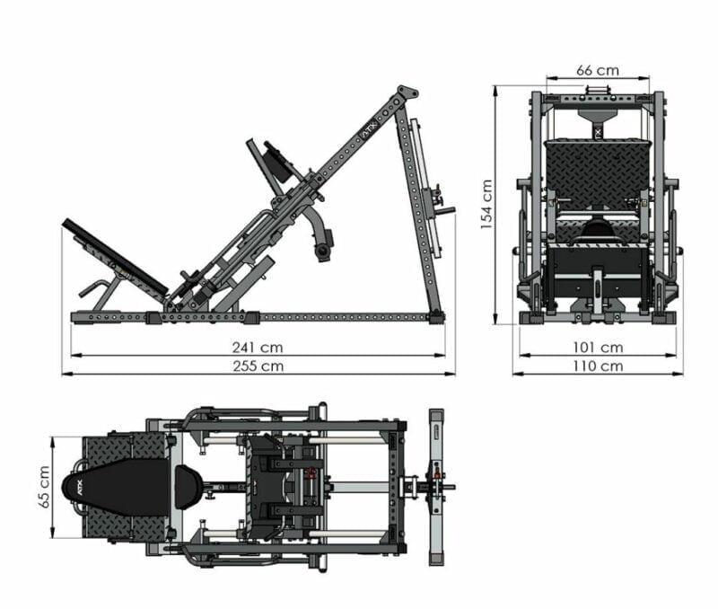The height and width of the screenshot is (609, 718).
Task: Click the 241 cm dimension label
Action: click(x=258, y=348)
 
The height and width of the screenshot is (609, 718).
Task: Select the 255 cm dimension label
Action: click(x=258, y=366)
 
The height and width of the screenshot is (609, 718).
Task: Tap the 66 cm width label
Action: click(x=597, y=70)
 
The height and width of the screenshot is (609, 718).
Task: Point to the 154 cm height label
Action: click(x=486, y=205)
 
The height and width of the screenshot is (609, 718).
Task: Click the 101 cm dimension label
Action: click(x=598, y=348)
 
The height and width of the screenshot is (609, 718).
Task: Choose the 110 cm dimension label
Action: click(x=598, y=366)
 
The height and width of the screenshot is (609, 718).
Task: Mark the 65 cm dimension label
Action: click(x=44, y=487)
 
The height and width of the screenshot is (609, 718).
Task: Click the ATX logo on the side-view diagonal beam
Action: click(x=369, y=129)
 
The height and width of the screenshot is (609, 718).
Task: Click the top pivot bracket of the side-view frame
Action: click(x=407, y=93)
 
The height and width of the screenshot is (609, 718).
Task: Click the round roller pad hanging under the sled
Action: click(x=324, y=251)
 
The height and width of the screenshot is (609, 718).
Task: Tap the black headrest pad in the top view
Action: click(x=188, y=487)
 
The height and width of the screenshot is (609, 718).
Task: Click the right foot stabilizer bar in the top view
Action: click(x=436, y=487)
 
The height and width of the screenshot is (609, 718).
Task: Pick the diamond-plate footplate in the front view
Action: click(x=598, y=171)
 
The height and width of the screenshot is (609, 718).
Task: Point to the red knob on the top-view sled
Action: click(x=312, y=473)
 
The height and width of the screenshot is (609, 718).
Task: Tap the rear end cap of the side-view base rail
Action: click(x=437, y=317)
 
